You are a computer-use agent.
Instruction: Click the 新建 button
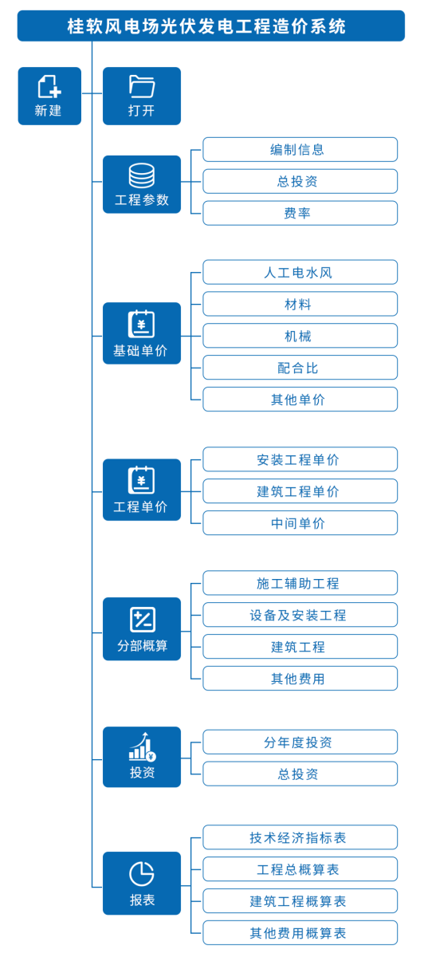coord(49,96)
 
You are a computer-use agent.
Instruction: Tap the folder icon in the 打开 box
coord(142,86)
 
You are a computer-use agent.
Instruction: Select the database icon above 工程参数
coord(142,175)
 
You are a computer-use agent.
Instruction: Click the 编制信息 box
coord(300,150)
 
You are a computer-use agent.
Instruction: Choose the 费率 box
coord(300,213)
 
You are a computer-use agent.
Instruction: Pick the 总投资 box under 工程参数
coord(300,181)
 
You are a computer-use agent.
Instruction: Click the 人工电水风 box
coord(300,272)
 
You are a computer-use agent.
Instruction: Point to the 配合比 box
coord(300,368)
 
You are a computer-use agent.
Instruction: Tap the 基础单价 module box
coord(142,333)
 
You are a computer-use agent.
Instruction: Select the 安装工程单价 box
coord(300,459)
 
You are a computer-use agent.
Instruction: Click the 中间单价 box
coord(300,523)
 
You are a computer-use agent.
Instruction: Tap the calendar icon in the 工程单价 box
coord(141,480)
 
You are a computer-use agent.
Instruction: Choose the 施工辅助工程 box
coord(300,583)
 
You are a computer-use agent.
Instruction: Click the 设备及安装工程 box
coord(300,615)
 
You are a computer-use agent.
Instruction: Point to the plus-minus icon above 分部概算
coord(143,620)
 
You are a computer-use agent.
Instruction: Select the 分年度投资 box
coord(300,742)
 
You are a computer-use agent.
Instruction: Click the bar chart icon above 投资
coord(143,746)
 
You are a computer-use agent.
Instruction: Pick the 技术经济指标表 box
coord(300,837)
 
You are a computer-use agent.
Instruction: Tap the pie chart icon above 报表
coord(142,874)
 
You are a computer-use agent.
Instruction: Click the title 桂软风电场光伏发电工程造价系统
coord(206,26)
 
